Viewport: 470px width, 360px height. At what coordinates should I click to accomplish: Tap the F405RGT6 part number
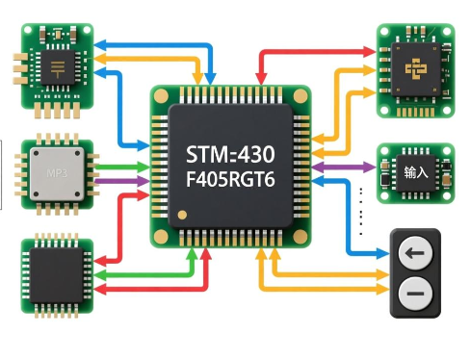coord(231,179)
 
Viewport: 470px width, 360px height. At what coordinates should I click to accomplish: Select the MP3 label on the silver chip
coord(56,174)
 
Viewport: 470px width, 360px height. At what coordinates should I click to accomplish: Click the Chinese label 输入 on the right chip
coord(415,173)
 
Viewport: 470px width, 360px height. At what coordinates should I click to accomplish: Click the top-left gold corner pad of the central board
coord(162,94)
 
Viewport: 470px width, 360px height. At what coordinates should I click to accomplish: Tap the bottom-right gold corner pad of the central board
coord(300,235)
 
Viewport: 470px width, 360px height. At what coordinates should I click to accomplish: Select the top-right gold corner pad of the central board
coord(300,94)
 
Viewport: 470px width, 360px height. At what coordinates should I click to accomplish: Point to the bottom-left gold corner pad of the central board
coord(162,235)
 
